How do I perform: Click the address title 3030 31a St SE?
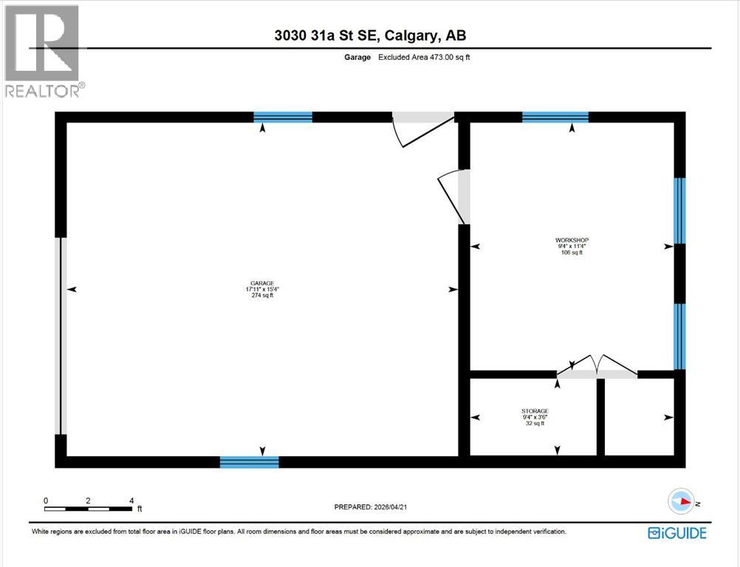[x=369, y=35]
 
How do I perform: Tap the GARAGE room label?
[x=262, y=283]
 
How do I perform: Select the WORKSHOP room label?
[x=572, y=240]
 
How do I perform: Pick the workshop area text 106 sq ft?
[x=572, y=252]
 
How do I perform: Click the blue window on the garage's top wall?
[x=283, y=117]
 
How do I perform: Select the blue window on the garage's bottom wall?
[x=249, y=462]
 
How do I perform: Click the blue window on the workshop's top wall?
[x=555, y=117]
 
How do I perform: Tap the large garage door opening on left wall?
[x=62, y=336]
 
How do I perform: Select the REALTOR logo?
[x=43, y=52]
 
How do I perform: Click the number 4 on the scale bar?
[x=131, y=501]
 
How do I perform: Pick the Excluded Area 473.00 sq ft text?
[x=424, y=57]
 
